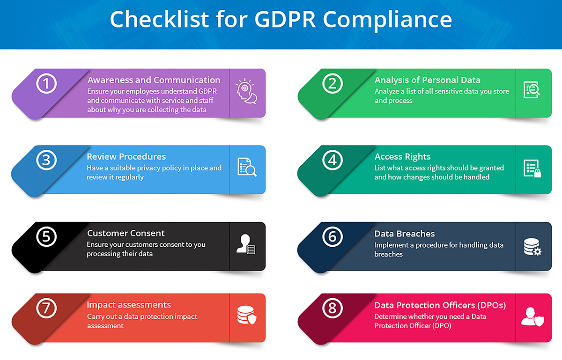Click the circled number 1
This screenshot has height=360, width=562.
click(46, 83)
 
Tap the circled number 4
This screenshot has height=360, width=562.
click(333, 160)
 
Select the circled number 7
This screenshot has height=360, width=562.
click(46, 308)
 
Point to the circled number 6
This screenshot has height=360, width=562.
click(333, 236)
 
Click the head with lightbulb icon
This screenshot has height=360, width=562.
click(246, 91)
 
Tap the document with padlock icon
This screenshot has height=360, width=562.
click(532, 169)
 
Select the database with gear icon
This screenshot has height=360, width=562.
click(532, 247)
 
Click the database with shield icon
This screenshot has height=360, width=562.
click(247, 315)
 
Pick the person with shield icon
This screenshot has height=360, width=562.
click(532, 316)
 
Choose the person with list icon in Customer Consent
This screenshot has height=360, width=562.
click(245, 244)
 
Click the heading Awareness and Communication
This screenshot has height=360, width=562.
click(154, 80)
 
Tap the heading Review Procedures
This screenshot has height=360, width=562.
click(126, 156)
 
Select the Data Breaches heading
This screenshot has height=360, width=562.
click(405, 234)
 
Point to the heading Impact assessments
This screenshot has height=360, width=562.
click(129, 305)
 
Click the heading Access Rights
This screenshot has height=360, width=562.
click(402, 156)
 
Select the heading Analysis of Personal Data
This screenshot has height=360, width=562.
click(428, 80)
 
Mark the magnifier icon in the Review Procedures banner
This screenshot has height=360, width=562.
click(251, 171)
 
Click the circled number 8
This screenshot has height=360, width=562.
click(333, 308)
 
